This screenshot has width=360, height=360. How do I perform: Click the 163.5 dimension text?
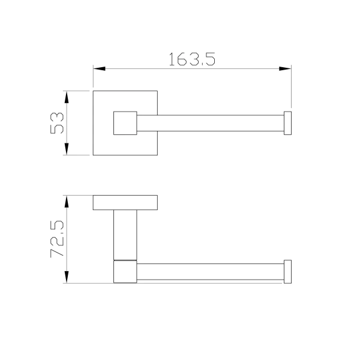click(192, 59)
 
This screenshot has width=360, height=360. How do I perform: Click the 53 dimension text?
click(57, 123)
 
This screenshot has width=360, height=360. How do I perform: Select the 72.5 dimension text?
click(57, 239)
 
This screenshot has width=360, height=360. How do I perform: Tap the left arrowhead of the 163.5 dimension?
click(99, 68)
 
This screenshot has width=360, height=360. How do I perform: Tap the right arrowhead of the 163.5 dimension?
click(285, 68)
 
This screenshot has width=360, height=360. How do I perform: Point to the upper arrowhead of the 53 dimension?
click(67, 97)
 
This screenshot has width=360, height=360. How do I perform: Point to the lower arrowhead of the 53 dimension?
click(67, 149)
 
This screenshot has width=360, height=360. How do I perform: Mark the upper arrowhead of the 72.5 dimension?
click(67, 202)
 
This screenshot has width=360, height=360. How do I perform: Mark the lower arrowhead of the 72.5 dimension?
click(67, 277)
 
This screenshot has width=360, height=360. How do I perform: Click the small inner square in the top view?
click(125, 123)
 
